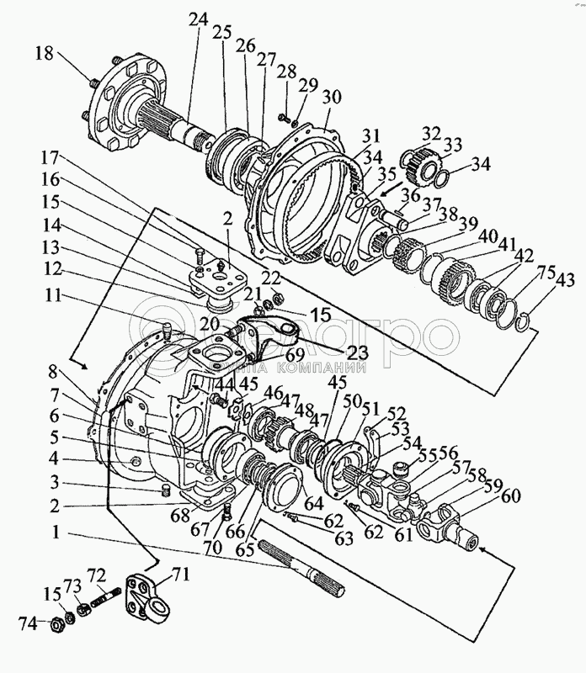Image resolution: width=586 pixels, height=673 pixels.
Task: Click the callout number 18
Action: tap(45, 55)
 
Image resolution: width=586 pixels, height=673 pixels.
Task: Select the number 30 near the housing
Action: tap(331, 98)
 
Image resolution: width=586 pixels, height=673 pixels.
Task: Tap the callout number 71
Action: tap(181, 575)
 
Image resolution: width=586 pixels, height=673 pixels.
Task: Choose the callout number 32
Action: tap(431, 134)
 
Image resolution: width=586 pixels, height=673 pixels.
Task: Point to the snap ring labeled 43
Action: tap(522, 320)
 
